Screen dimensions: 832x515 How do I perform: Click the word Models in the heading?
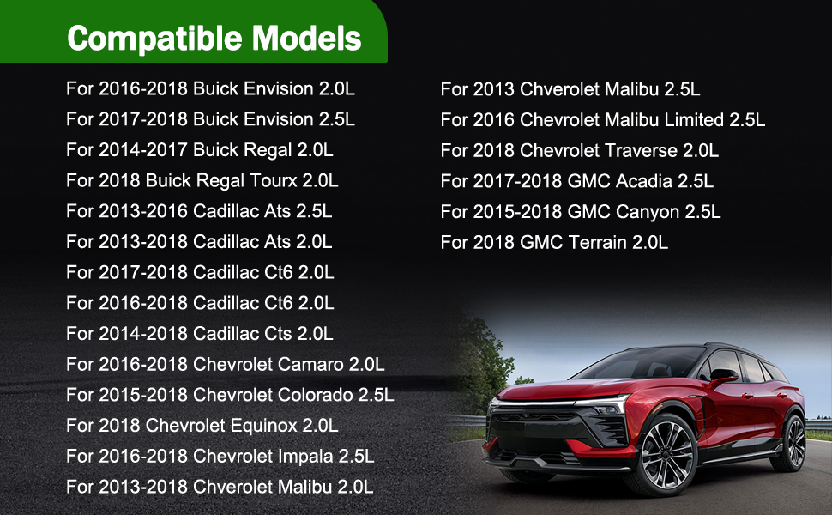[307, 39]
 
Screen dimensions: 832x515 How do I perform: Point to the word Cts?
[278, 334]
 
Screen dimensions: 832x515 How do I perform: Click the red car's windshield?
[639, 362]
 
